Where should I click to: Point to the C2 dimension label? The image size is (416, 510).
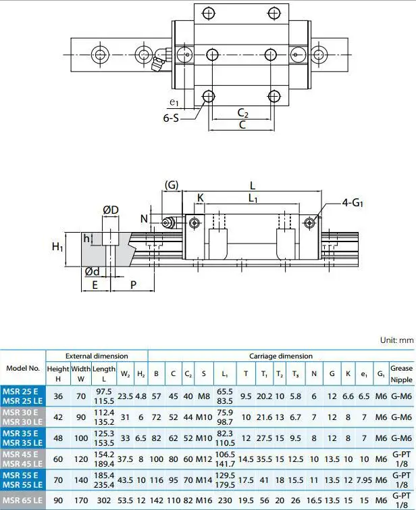[243, 112]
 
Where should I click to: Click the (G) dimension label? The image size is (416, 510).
[172, 185]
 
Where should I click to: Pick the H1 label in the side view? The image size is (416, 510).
[58, 248]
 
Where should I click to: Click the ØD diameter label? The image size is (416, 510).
[111, 210]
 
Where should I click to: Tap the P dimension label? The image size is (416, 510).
[134, 285]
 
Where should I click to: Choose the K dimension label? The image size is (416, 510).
[200, 198]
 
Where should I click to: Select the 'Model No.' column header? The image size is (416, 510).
[23, 369]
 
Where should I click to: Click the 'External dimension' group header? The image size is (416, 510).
[97, 356]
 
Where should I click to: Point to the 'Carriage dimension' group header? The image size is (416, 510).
[281, 356]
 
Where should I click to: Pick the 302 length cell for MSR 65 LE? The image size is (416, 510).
[104, 500]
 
